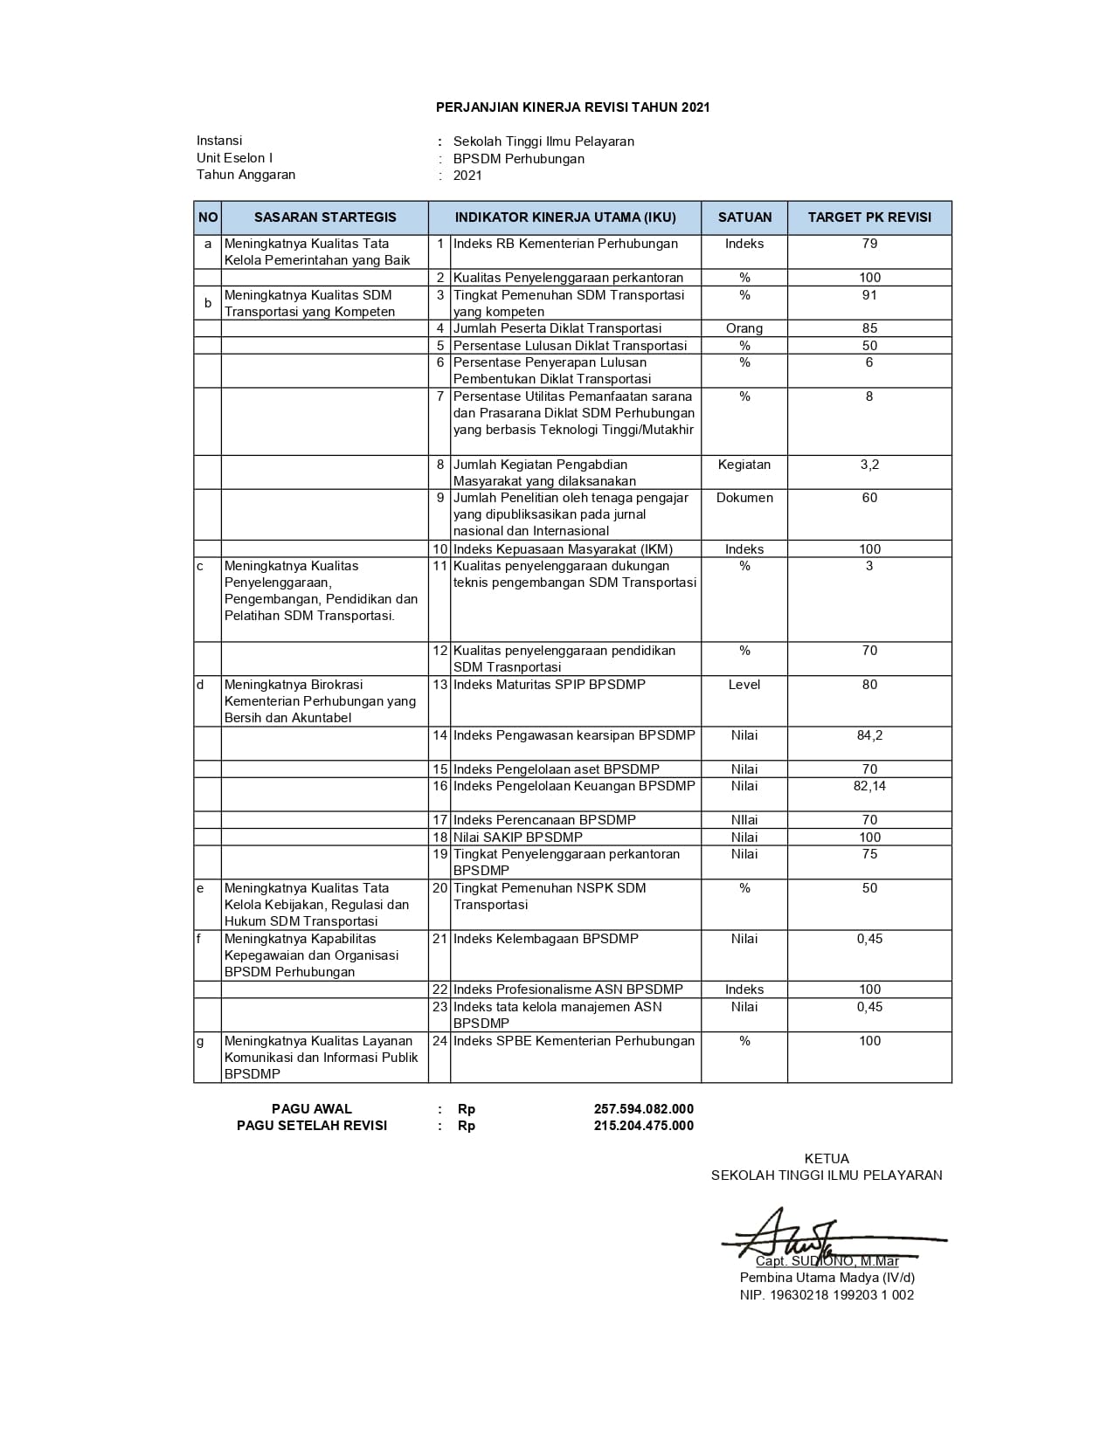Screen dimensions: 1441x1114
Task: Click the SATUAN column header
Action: [744, 217]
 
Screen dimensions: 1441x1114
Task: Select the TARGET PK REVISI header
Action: [869, 217]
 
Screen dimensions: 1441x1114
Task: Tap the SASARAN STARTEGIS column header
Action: [325, 217]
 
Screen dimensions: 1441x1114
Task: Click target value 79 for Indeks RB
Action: [869, 244]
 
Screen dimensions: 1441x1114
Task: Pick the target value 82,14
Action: [869, 786]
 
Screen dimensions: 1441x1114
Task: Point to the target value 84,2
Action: [869, 735]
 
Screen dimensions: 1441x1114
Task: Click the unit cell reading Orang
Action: [744, 328]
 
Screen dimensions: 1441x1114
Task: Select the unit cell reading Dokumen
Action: [744, 498]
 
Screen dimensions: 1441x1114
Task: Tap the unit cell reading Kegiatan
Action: [744, 465]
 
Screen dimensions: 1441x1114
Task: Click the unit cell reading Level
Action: [744, 685]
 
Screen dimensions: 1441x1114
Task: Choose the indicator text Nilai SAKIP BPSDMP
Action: [517, 837]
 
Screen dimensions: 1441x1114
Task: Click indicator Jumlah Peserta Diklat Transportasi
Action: [557, 328]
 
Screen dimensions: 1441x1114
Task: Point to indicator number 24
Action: [439, 1041]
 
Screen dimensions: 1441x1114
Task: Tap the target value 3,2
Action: [869, 465]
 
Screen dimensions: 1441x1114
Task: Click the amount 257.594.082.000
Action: [644, 1109]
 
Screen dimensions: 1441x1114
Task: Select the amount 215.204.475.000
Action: [644, 1126]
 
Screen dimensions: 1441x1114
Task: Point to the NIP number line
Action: [827, 1295]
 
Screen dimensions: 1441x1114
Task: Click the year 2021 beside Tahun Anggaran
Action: [467, 176]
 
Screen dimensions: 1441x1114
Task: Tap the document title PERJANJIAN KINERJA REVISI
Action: [572, 107]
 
